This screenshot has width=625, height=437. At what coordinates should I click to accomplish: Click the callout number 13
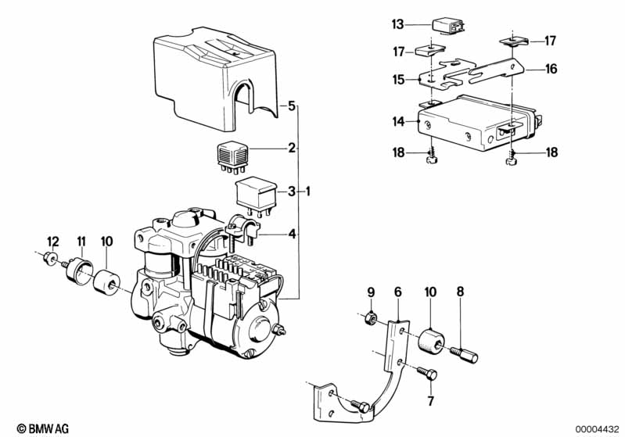click(398, 24)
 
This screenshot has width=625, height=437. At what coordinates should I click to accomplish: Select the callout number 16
click(551, 69)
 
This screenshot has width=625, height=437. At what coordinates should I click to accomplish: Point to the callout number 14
click(399, 121)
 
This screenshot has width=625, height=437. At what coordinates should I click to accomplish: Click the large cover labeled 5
click(215, 79)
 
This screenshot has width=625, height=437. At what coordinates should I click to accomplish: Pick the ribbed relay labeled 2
click(233, 158)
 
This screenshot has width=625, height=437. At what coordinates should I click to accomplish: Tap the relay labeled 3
click(257, 197)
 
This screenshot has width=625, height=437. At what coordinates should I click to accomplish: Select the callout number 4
click(293, 235)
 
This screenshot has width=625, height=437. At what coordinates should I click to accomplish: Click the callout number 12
click(52, 242)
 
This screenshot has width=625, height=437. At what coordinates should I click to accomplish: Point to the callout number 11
click(81, 242)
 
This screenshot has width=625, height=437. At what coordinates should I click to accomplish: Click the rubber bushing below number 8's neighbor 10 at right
click(432, 341)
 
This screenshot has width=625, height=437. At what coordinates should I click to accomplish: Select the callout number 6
click(398, 292)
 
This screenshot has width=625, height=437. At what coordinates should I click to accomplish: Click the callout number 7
click(430, 401)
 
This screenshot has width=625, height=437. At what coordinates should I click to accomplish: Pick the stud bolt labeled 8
click(464, 354)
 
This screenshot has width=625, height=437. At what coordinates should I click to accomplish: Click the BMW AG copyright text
click(43, 428)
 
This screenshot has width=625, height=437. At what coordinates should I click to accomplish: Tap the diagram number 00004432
click(597, 429)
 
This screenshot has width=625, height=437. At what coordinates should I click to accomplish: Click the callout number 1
click(307, 192)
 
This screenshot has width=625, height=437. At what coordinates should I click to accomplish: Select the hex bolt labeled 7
click(427, 373)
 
